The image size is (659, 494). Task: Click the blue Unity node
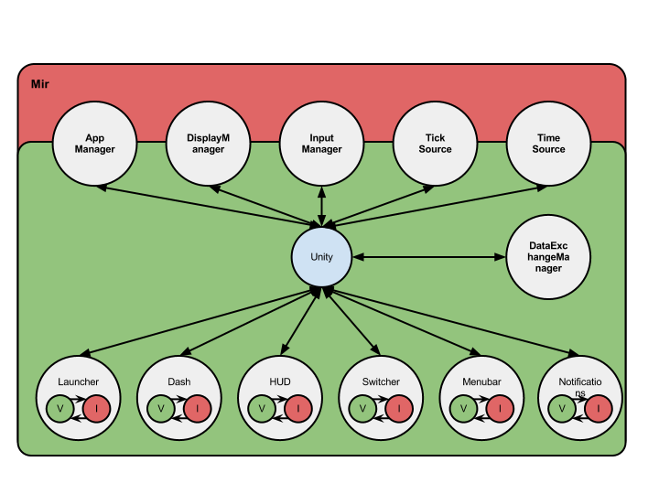tap(321, 257)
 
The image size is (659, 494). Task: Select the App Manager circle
tap(95, 144)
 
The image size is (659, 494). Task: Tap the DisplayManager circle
tap(209, 144)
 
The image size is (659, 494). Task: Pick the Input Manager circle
tap(321, 144)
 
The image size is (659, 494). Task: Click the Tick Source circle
tap(435, 144)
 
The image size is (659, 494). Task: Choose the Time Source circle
tap(548, 144)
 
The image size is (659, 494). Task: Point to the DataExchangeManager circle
tap(548, 257)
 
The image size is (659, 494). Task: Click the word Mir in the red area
tap(40, 84)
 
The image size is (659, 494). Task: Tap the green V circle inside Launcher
tap(60, 408)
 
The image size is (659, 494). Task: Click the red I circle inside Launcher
tap(96, 408)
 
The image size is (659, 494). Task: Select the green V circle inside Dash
tap(161, 408)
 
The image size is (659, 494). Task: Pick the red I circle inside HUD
tap(297, 408)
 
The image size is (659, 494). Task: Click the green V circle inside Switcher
tap(362, 408)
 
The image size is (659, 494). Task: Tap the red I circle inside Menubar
tap(499, 408)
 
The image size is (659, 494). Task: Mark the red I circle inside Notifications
tap(599, 408)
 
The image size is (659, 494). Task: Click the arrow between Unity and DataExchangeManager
tap(429, 257)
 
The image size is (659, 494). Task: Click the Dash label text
tap(179, 381)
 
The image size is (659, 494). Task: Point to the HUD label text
tap(280, 381)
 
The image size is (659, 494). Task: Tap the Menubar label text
tap(481, 381)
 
